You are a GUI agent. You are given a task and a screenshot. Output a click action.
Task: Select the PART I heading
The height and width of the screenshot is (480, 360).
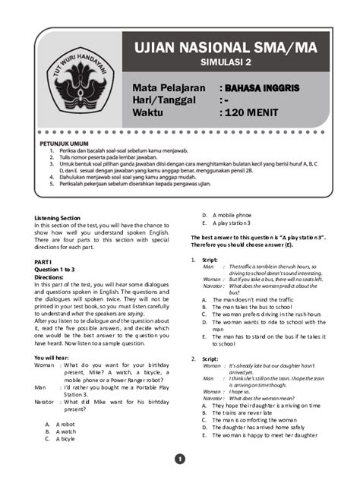pos(43,261)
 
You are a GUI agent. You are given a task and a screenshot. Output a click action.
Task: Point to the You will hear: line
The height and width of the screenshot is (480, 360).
pos(55,357)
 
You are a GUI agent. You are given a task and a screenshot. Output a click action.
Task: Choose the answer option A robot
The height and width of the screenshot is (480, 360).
pos(65,424)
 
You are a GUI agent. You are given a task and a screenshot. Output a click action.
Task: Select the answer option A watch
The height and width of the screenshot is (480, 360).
pos(65,431)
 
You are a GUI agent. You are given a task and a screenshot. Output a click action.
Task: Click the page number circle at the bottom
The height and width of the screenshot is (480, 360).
pos(180,458)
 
